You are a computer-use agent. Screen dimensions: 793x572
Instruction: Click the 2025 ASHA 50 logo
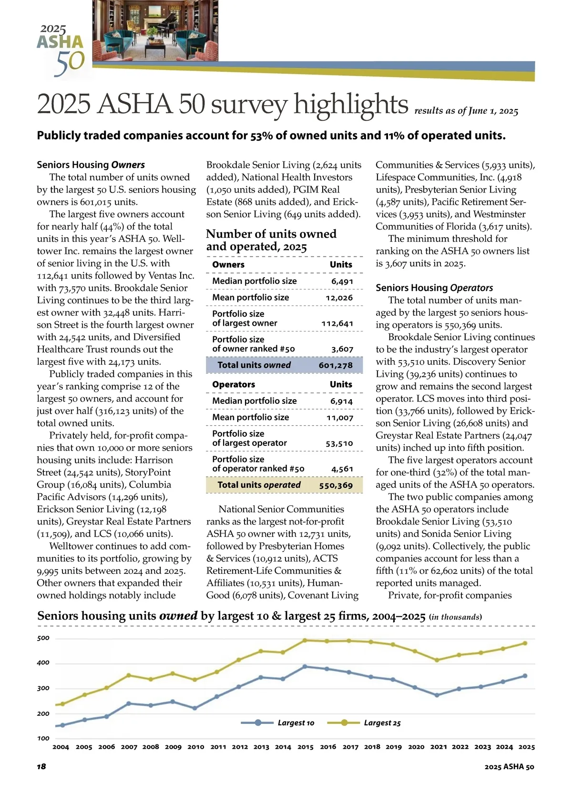[x=62, y=50]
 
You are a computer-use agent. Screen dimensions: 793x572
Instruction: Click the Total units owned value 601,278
[x=336, y=365]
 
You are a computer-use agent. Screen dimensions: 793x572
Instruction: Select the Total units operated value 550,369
[x=336, y=485]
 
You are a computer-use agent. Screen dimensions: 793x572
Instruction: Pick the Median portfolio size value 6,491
[x=342, y=281]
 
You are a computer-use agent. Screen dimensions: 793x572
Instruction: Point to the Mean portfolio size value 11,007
[x=339, y=418]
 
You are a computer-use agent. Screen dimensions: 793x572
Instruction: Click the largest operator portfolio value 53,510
[x=339, y=443]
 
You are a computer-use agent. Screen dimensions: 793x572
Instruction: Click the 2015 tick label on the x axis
[x=306, y=747]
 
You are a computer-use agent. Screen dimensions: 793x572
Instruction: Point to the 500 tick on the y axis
[x=43, y=638]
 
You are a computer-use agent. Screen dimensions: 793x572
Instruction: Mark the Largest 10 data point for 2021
[x=437, y=695]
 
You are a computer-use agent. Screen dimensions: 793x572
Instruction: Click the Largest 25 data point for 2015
[x=306, y=640]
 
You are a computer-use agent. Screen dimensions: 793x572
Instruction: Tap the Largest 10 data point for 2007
[x=129, y=703]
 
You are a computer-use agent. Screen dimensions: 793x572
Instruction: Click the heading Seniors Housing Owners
[x=91, y=165]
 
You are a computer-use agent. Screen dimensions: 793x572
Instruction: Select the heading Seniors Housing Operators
[x=434, y=288]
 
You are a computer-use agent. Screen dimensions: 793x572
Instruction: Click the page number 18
[x=41, y=766]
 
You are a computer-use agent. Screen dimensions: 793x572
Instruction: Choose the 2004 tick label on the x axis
[x=61, y=747]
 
